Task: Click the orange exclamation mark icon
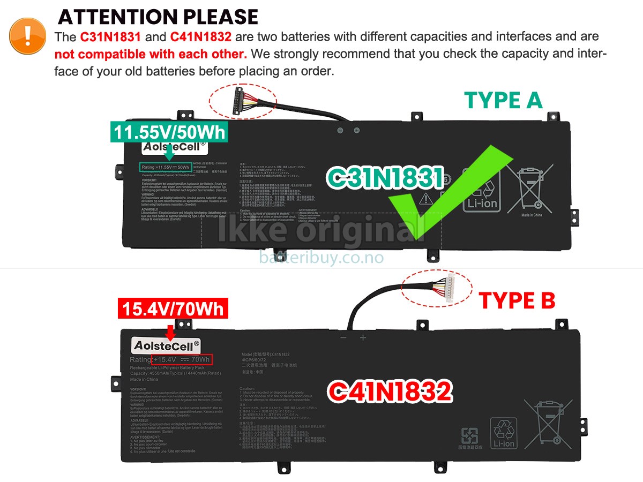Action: pos(27,35)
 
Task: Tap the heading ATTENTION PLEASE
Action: pos(158,17)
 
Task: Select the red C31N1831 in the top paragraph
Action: pos(111,37)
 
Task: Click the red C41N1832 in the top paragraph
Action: pos(201,37)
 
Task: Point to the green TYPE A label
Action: pos(503,101)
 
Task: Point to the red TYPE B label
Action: pos(517,301)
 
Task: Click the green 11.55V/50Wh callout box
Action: pos(169,132)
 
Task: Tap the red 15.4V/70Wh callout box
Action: pos(173,309)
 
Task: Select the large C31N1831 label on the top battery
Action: pos(385,178)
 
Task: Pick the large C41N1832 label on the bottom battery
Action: pos(390,391)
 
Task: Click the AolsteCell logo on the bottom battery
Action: pos(166,345)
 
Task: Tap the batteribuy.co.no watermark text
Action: pos(321,258)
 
